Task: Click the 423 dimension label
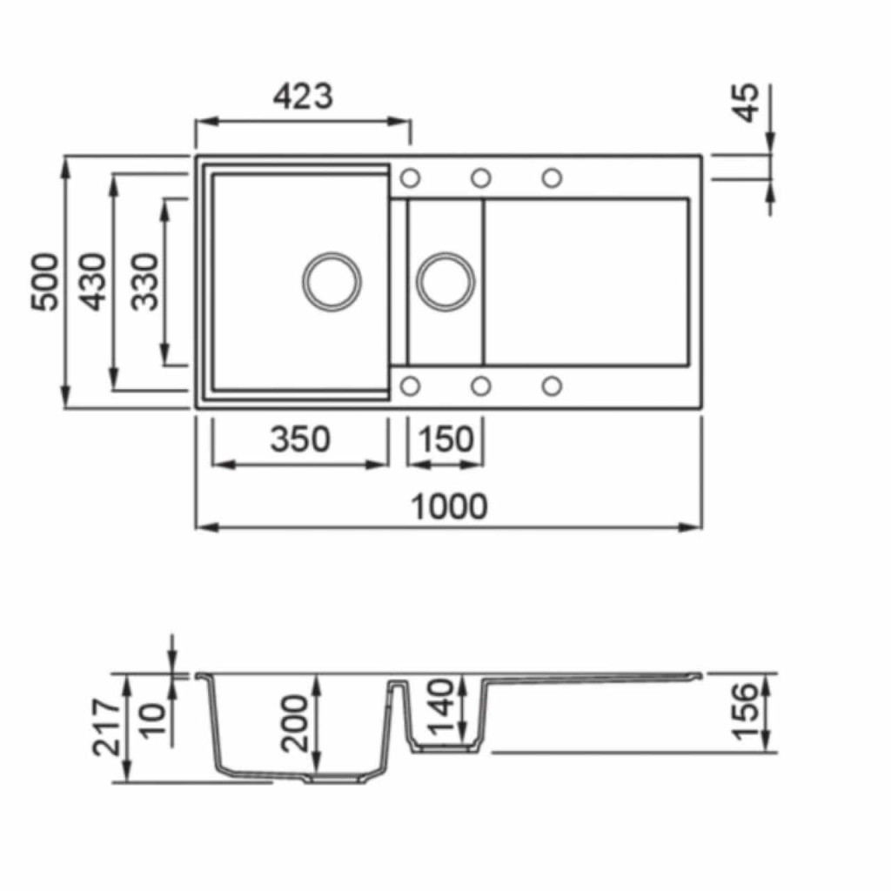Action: point(302,97)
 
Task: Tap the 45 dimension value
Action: point(746,103)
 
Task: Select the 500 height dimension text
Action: point(44,283)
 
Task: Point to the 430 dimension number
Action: point(92,283)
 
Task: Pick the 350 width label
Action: point(300,439)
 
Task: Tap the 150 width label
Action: point(446,439)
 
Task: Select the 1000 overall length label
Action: point(449,506)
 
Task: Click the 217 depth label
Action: point(107,728)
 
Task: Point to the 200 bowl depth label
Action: point(295,723)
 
